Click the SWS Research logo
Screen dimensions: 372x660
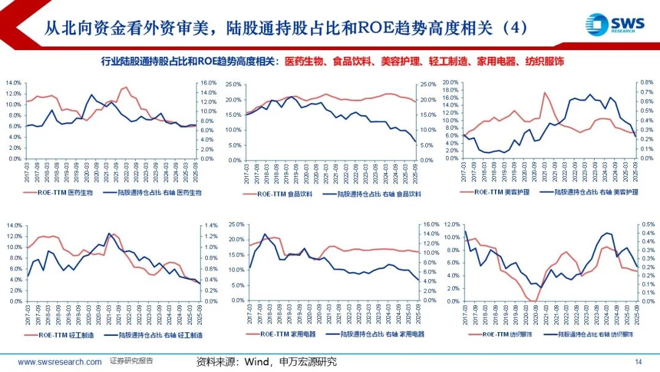[x=615, y=25]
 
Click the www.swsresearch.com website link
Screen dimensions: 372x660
[x=60, y=362]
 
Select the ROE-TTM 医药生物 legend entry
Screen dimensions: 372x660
[x=59, y=192]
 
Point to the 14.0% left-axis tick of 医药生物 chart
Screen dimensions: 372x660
[x=13, y=83]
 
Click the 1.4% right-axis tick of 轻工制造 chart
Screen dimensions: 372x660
[x=209, y=225]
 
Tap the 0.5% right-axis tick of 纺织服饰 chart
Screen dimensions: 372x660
[x=648, y=225]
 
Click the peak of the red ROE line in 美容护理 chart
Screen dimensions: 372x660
[x=544, y=92]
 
